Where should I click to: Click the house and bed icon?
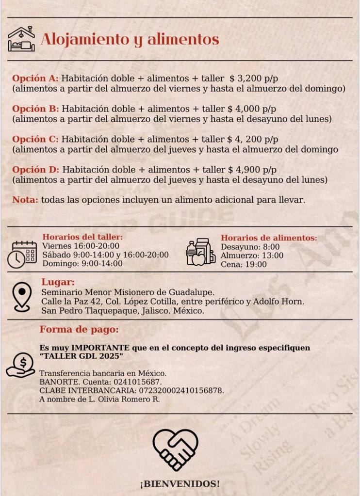point(21,39)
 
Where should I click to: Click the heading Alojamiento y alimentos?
point(130,39)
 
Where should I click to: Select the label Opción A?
point(35,78)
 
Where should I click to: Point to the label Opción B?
point(35,109)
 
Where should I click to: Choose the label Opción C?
point(35,139)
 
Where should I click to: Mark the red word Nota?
point(25,200)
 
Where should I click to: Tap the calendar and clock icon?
point(22,255)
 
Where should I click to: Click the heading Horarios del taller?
point(82,237)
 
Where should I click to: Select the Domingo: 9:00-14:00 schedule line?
point(82,264)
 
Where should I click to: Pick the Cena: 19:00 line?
point(244,264)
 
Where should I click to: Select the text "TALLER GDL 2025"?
point(81,356)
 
